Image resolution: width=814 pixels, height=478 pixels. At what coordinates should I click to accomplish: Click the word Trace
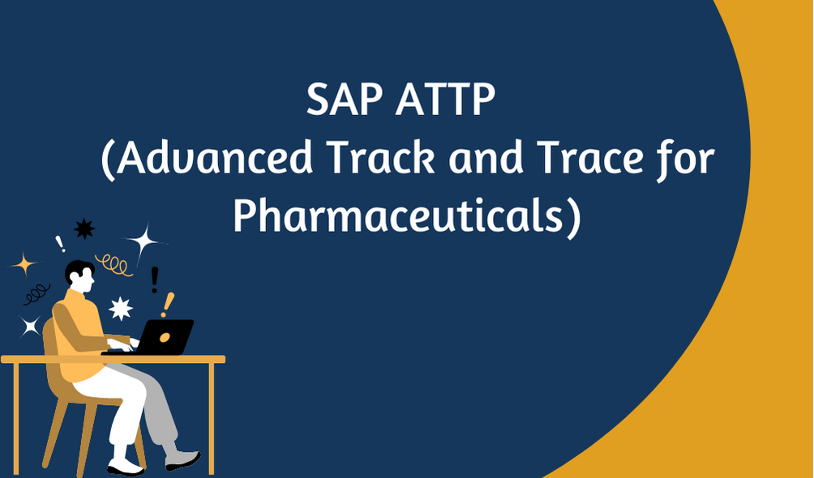coord(590,157)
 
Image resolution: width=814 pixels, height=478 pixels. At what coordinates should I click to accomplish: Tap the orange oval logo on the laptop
coord(165,338)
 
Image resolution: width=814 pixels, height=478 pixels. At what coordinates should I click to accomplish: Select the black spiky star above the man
coord(84,229)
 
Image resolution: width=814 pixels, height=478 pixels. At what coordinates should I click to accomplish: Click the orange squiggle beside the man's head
coord(114,264)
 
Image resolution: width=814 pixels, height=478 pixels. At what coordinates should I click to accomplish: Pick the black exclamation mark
coord(154,280)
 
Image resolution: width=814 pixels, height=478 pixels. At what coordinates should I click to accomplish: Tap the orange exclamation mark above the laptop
coord(167,305)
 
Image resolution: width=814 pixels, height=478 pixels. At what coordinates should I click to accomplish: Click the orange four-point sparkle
coord(24,264)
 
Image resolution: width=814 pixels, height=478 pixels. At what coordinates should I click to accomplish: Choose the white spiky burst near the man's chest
coord(121,309)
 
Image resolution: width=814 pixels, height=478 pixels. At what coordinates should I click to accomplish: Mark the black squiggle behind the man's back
coord(36,294)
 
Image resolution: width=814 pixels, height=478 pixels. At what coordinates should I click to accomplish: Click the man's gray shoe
coord(182,459)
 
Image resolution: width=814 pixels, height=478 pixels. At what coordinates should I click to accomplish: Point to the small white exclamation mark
coord(60,244)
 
